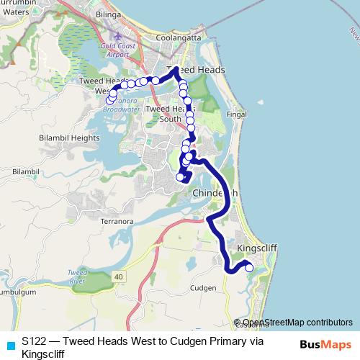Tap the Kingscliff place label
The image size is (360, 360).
(257, 248)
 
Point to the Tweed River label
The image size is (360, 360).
(77, 277)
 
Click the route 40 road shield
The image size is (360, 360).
(118, 277)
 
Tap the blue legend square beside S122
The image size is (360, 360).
(9, 345)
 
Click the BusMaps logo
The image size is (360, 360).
(320, 343)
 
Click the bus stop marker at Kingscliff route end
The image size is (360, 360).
(250, 268)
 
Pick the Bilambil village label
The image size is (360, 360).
(24, 171)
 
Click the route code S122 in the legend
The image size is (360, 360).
(35, 341)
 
